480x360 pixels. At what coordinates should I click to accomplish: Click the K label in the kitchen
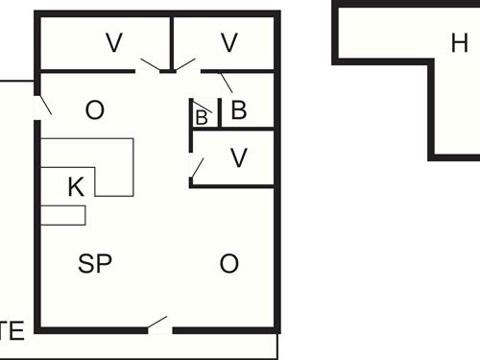[76, 186]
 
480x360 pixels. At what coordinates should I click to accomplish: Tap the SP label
[95, 264]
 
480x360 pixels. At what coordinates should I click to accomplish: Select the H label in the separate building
[459, 43]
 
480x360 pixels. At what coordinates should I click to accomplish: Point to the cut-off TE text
[12, 333]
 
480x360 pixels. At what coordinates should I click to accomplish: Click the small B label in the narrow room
[202, 117]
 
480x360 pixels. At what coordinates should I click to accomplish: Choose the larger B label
[239, 110]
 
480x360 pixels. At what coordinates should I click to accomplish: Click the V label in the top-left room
[114, 42]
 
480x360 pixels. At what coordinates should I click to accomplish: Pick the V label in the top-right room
[228, 42]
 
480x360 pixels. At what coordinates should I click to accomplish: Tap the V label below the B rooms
[239, 158]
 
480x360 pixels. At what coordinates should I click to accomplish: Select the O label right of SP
[228, 264]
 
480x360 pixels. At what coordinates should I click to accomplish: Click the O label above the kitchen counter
[94, 110]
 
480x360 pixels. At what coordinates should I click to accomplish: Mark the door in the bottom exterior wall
[159, 325]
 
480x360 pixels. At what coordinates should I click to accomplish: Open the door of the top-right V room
[186, 66]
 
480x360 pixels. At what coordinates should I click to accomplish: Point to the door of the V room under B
[196, 171]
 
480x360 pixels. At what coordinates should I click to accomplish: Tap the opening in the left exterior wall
[38, 108]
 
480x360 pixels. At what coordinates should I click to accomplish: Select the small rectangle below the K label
[63, 215]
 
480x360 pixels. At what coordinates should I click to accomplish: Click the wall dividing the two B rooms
[220, 113]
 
